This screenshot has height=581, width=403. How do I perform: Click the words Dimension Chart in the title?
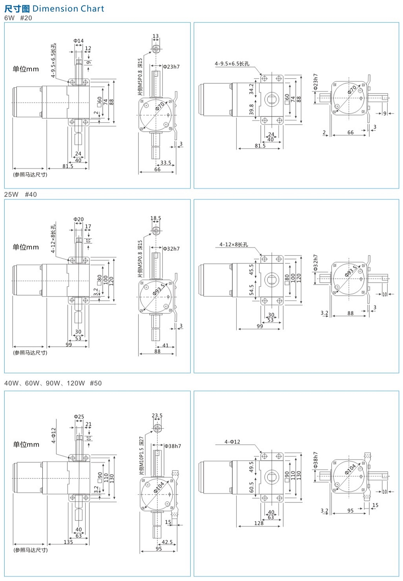pos(68,9)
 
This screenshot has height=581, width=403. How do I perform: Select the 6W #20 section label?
pos(18,18)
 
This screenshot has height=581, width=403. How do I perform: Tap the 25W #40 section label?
pos(20,194)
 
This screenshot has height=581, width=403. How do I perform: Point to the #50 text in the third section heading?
pos(96,383)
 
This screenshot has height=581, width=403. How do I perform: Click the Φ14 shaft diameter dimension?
pos(78,41)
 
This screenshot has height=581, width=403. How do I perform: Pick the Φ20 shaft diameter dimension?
pos(78,219)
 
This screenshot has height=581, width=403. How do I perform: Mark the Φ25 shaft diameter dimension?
pos(79,417)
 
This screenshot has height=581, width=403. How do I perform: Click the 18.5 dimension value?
pos(156,218)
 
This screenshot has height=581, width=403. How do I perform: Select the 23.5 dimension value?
pos(157,415)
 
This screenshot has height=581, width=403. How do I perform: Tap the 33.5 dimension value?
pos(166,163)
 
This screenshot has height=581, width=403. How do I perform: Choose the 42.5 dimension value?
pos(167,542)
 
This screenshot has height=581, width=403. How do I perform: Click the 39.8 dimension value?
pos(251,109)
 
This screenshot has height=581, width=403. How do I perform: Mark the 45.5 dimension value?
pos(251,269)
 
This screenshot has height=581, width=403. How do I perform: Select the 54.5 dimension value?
pos(251,290)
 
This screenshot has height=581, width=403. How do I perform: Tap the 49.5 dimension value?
pos(251,467)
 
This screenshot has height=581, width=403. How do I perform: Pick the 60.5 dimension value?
pos(251,487)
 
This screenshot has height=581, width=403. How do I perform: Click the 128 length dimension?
pos(259,523)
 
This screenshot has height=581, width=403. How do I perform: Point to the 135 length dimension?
pos(68,542)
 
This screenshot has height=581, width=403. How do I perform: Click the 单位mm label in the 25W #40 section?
pos(26,247)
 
